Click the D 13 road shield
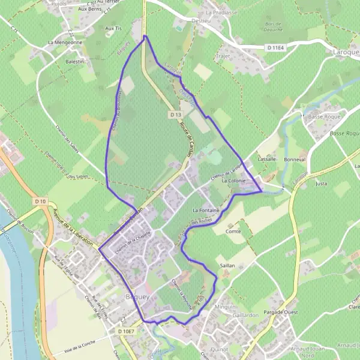pyautogui.click(x=175, y=114)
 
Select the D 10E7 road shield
pyautogui.click(x=127, y=331)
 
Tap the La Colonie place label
pyautogui.click(x=235, y=180)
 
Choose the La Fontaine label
pyautogui.click(x=205, y=211)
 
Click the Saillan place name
pyautogui.click(x=227, y=265)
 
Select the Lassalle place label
pyautogui.click(x=266, y=160)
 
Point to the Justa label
pyautogui.click(x=321, y=184)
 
